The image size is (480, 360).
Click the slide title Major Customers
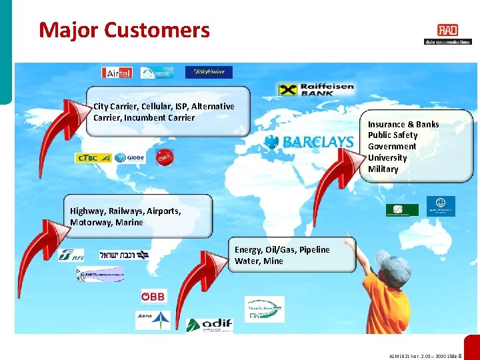124,30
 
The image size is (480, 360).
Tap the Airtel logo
117,73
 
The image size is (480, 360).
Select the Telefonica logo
209,72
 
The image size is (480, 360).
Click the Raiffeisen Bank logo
316,89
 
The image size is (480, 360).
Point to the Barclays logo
309,141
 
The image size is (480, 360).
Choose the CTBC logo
93,158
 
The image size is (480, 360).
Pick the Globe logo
129,158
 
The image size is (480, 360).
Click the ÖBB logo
153,296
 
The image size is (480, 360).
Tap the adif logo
209,325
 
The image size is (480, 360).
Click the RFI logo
71,255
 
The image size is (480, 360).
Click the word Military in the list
383,169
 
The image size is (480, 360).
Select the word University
387,158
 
